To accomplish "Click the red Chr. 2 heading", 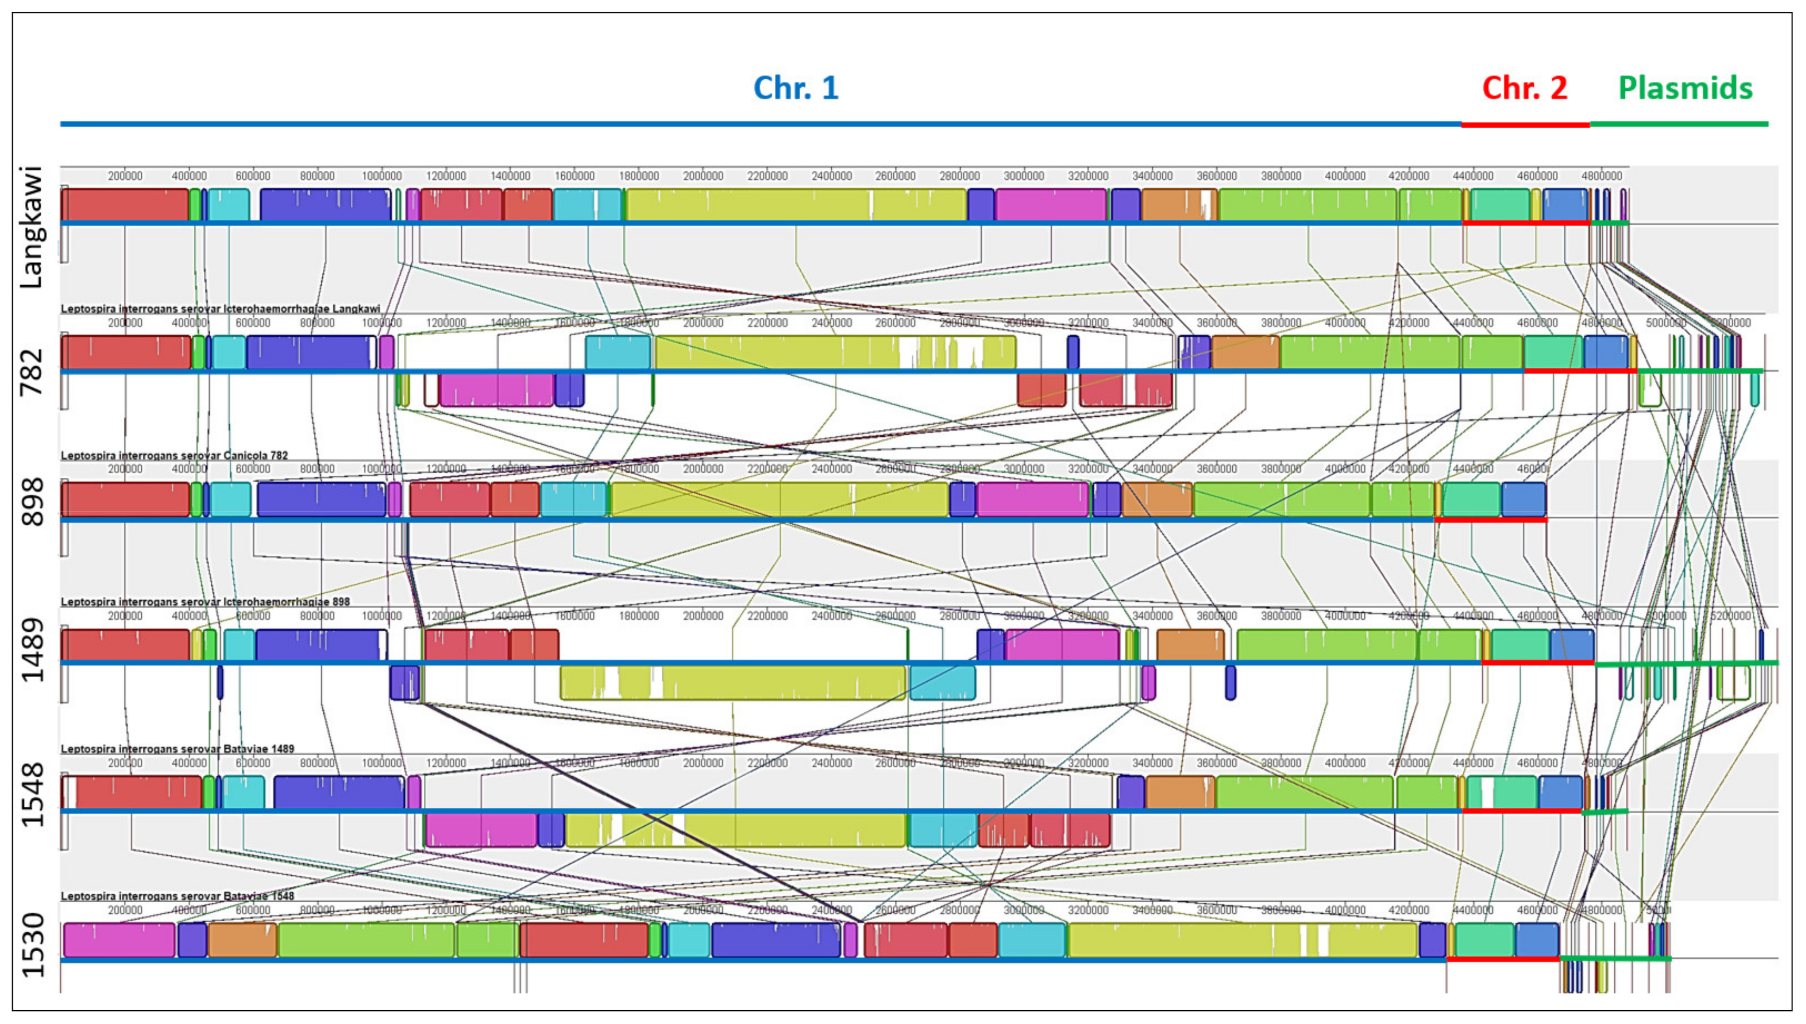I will click(x=1524, y=88).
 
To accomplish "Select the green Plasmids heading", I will click(x=1685, y=88).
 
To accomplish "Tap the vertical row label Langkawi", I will click(x=31, y=226).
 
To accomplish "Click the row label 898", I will click(x=31, y=502).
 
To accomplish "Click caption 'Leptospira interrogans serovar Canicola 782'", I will click(x=174, y=455).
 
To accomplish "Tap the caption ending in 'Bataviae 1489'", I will click(x=177, y=748).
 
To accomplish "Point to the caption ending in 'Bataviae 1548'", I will click(x=177, y=895).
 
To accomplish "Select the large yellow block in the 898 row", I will click(x=779, y=499).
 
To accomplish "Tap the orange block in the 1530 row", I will click(x=242, y=940).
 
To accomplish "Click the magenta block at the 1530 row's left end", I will click(x=119, y=940).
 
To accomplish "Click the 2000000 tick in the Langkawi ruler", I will click(x=703, y=176).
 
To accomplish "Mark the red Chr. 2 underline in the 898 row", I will click(x=1490, y=520).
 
